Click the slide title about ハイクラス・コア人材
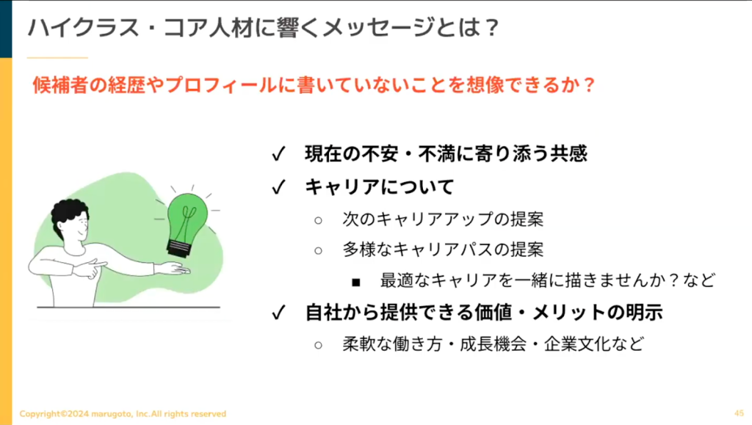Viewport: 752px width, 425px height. pos(264,27)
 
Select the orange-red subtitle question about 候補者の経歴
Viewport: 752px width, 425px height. pos(314,85)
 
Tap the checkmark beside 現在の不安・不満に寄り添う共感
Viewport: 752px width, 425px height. pos(278,154)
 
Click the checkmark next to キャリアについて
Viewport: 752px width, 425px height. pos(278,187)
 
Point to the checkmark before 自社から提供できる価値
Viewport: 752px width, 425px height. pos(278,313)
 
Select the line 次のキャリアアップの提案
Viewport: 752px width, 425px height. pos(443,219)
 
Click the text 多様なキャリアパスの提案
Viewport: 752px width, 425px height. pos(443,250)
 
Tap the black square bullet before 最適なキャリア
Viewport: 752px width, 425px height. pos(356,282)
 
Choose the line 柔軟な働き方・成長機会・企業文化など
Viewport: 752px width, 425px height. pos(493,344)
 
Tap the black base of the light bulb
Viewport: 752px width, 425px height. pos(180,248)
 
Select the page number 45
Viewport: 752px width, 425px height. pos(739,413)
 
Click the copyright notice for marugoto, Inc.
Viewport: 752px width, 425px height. pos(123,413)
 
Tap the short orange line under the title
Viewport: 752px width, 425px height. pos(57,58)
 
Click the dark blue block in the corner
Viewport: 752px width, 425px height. pos(6,29)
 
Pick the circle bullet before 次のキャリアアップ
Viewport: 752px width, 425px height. pos(319,220)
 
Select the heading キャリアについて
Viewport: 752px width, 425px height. pos(380,187)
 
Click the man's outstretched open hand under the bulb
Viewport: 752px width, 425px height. pos(173,269)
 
